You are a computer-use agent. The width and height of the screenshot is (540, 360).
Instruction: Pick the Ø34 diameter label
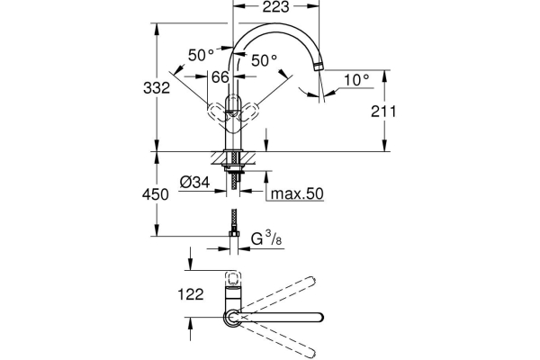click(x=194, y=183)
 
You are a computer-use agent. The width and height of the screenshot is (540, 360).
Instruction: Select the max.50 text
click(x=299, y=193)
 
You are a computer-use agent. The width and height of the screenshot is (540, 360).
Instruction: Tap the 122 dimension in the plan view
click(x=190, y=292)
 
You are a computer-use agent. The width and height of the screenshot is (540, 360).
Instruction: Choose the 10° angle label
click(x=355, y=80)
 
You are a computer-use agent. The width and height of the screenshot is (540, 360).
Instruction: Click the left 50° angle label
click(x=202, y=55)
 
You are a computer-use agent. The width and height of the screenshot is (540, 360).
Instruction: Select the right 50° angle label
click(x=264, y=60)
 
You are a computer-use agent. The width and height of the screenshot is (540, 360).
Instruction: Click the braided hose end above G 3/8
click(x=234, y=220)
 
